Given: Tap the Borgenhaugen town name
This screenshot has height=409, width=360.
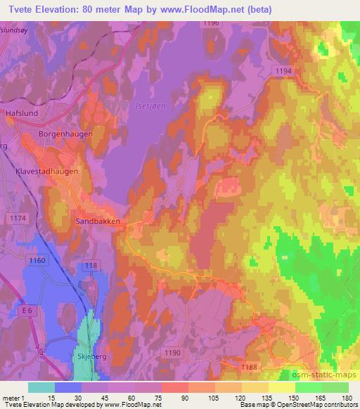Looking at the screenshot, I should [x=62, y=134].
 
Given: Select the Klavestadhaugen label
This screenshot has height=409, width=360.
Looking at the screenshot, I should [x=47, y=171].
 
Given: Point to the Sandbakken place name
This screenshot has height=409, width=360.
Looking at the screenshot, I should [x=98, y=221].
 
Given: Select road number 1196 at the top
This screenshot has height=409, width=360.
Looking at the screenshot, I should [x=211, y=23].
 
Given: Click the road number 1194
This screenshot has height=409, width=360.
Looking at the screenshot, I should [x=283, y=72].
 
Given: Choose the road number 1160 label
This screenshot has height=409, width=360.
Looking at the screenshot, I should [x=37, y=261].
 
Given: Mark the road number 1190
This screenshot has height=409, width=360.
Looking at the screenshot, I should [x=171, y=351].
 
